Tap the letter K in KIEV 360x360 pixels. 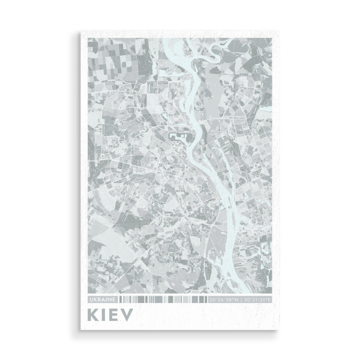coord(94,314)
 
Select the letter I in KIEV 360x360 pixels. coord(106,314)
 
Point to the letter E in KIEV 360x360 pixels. coord(116,314)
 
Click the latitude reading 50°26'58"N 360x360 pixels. coord(224,298)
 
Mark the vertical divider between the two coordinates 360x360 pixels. coord(241,298)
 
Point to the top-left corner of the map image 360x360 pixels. coord(88,39)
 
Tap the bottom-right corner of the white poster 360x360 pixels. coord(280,329)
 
